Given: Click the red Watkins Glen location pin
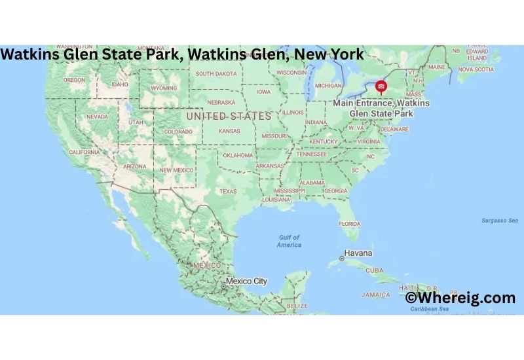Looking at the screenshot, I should pyautogui.click(x=381, y=86).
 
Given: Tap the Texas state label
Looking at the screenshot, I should pyautogui.click(x=228, y=191).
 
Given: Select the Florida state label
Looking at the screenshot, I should pyautogui.click(x=349, y=223).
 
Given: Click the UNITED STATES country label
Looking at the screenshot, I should pyautogui.click(x=229, y=116).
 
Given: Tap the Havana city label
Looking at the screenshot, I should pyautogui.click(x=359, y=253).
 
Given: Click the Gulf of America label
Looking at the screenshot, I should pyautogui.click(x=289, y=241).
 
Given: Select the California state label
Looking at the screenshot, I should pyautogui.click(x=84, y=152).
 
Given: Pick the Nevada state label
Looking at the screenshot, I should pyautogui.click(x=97, y=117).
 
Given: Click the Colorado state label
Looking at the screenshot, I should pyautogui.click(x=178, y=131).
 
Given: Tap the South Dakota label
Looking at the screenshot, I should pyautogui.click(x=215, y=73).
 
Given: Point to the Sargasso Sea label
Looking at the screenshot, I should pyautogui.click(x=499, y=221).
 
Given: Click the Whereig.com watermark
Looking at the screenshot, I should pyautogui.click(x=460, y=298).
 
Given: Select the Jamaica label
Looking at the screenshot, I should pyautogui.click(x=377, y=295).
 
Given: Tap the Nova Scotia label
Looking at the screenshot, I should pyautogui.click(x=476, y=69).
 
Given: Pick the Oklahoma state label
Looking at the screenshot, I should pyautogui.click(x=238, y=155).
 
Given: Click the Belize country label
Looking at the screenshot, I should pyautogui.click(x=297, y=306).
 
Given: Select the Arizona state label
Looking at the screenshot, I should pyautogui.click(x=134, y=166).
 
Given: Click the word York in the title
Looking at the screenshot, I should pyautogui.click(x=345, y=54).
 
